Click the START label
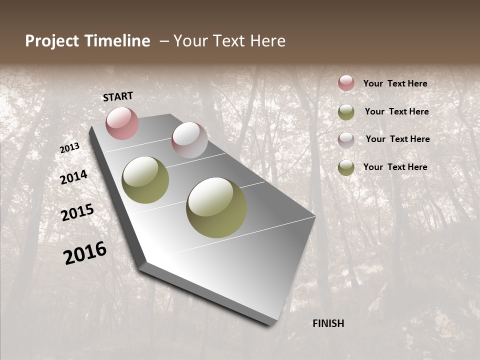tap(118, 96)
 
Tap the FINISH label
tap(328, 323)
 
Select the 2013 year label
tap(69, 148)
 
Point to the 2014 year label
tap(73, 177)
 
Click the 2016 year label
tap(85, 253)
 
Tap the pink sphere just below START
tap(122, 123)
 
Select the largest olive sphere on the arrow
tap(216, 207)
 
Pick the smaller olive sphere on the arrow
tap(145, 179)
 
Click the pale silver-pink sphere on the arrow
tap(189, 140)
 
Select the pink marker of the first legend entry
tap(346, 83)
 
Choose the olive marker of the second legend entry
tap(346, 112)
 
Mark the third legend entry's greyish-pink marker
tap(346, 139)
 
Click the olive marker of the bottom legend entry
tap(346, 167)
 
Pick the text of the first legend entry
tap(395, 83)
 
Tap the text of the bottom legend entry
tap(395, 167)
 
